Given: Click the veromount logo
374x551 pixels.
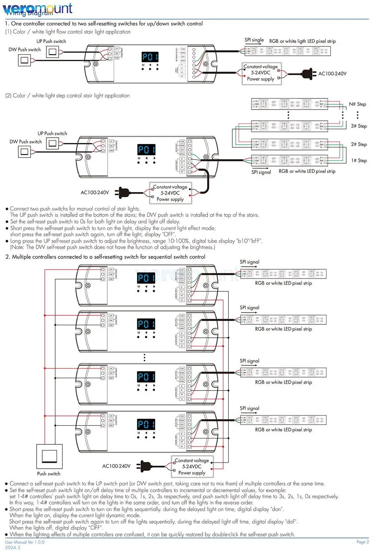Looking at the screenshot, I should pos(37,8).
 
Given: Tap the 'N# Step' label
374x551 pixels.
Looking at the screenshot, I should pos(357,104).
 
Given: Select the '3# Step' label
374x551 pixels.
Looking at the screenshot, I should pos(359,126).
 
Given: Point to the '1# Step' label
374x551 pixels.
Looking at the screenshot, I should pos(359,160).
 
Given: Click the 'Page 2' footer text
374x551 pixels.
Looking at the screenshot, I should pos(362,542).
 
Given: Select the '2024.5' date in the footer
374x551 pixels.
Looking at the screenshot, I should pos(13,547).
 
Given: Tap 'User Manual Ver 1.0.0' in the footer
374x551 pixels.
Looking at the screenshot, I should pos(25,542).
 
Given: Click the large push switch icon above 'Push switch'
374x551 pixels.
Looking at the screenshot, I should pos(49,456).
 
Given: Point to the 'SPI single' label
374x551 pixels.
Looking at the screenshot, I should pos(254,40).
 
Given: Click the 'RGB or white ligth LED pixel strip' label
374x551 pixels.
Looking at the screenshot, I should pos(302,41).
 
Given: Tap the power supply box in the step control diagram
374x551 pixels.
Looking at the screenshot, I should pos(171,193).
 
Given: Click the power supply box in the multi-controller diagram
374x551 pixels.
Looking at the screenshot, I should pos(192,466).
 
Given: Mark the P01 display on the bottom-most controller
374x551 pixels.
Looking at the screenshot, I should pos(146,424).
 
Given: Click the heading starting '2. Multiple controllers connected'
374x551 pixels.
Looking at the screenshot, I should pos(105,257).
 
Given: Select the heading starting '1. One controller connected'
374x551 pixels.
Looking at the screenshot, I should pos(104,24).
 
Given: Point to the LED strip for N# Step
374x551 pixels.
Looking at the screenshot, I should pos(289,104).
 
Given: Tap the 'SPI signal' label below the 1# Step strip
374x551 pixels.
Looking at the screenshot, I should pos(261,172).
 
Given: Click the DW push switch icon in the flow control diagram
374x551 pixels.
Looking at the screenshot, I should pos(25,60).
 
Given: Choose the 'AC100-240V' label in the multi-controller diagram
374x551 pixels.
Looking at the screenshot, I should pos(116,466).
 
